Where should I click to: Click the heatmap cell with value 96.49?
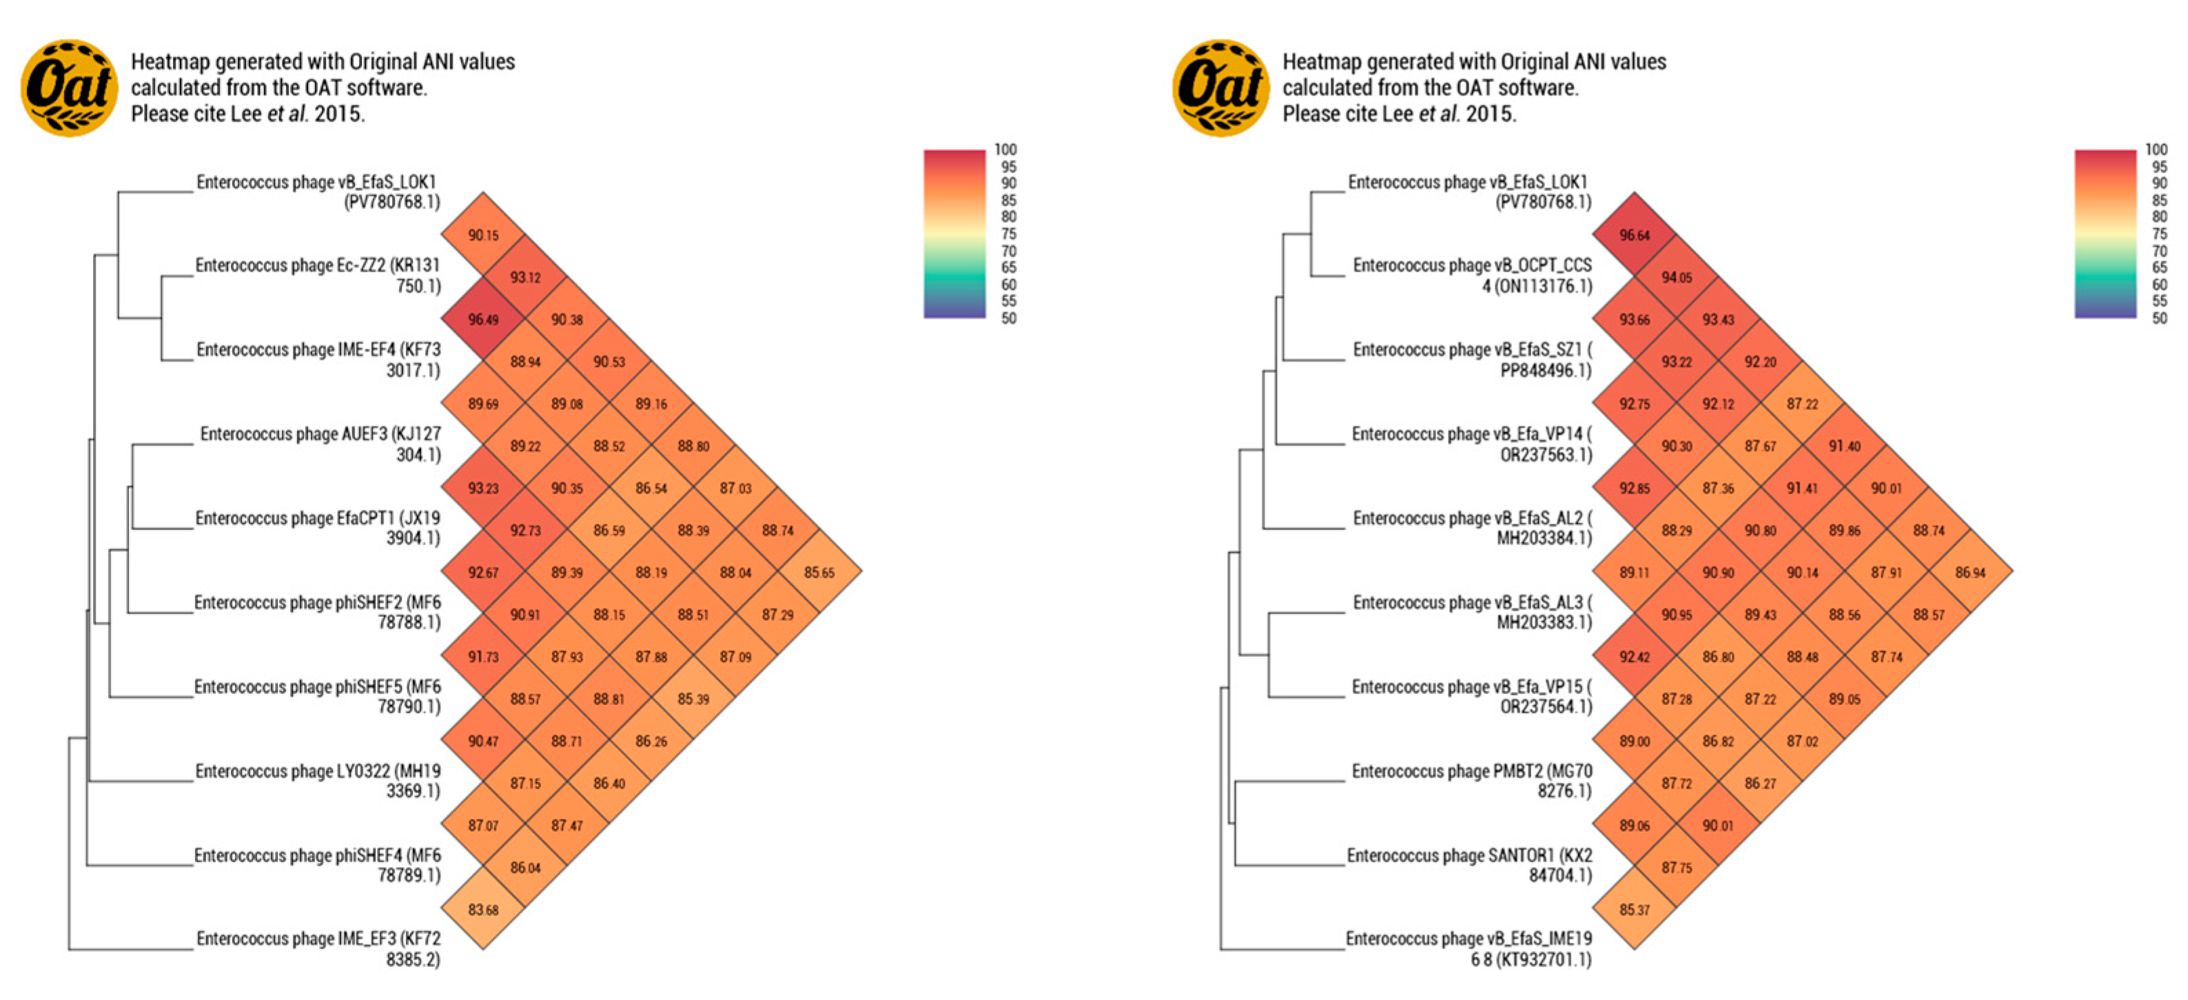tap(483, 320)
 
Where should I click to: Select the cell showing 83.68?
tap(483, 909)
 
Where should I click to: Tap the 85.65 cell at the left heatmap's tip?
tap(819, 572)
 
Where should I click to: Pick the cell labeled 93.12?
tap(525, 277)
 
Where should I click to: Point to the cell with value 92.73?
tap(525, 530)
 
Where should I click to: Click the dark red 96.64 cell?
tap(1634, 235)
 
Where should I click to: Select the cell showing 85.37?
tap(1634, 909)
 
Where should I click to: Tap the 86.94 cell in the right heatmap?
tap(1970, 572)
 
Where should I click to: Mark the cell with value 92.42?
tap(1634, 656)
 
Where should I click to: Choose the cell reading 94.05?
tap(1676, 277)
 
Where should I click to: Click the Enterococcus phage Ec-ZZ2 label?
tap(318, 275)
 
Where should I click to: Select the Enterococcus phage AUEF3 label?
tap(320, 444)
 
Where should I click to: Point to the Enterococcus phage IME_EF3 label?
tap(318, 948)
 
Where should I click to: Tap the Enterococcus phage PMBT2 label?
tap(1472, 781)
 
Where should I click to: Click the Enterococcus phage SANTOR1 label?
tap(1469, 865)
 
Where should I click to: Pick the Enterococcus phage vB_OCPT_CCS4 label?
tap(1472, 275)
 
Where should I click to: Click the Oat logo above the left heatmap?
tap(69, 88)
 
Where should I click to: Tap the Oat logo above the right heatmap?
tap(1220, 88)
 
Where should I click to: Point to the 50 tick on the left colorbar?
tap(1008, 318)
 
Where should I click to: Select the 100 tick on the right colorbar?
tap(2156, 150)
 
